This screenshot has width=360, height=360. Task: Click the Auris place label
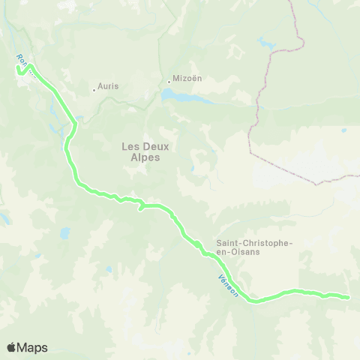pyautogui.click(x=108, y=86)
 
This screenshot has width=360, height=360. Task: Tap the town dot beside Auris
pyautogui.click(x=94, y=90)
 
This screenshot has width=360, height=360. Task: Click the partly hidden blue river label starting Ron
pyautogui.click(x=22, y=60)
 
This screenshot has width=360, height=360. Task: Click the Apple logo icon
pyautogui.click(x=11, y=347)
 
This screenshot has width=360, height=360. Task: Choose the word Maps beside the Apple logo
pyautogui.click(x=33, y=347)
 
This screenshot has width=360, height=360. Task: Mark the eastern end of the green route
pyautogui.click(x=348, y=298)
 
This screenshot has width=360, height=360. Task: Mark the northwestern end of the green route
pyautogui.click(x=17, y=70)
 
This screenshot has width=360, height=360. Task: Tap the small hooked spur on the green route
pyautogui.click(x=140, y=208)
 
